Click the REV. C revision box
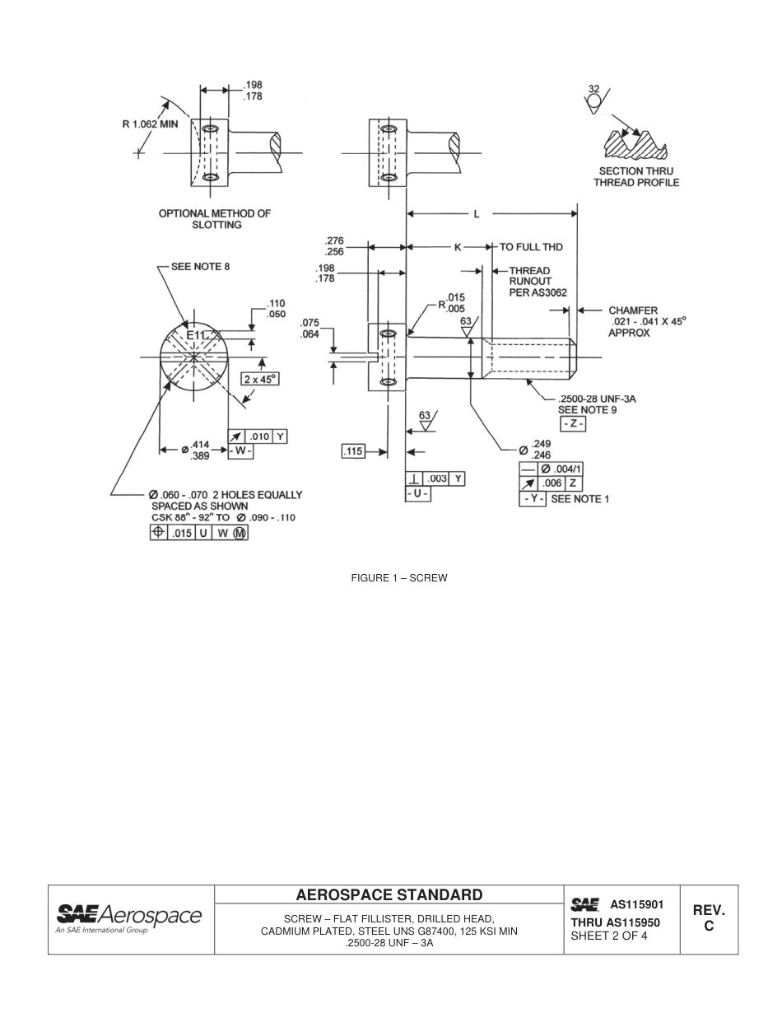pos(708,918)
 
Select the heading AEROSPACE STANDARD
pos(389,895)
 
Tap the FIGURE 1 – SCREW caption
pos(399,578)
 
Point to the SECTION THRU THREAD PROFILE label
pos(636,176)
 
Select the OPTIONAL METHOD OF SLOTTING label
pos(215,219)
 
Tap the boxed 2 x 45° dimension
pos(259,379)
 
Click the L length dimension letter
pos(476,214)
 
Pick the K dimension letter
pos(458,247)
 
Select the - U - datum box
pos(418,493)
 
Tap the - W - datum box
pos(240,451)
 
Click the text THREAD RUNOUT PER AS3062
pos(538,282)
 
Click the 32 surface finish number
pos(594,89)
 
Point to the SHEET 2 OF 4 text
pos(609,936)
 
